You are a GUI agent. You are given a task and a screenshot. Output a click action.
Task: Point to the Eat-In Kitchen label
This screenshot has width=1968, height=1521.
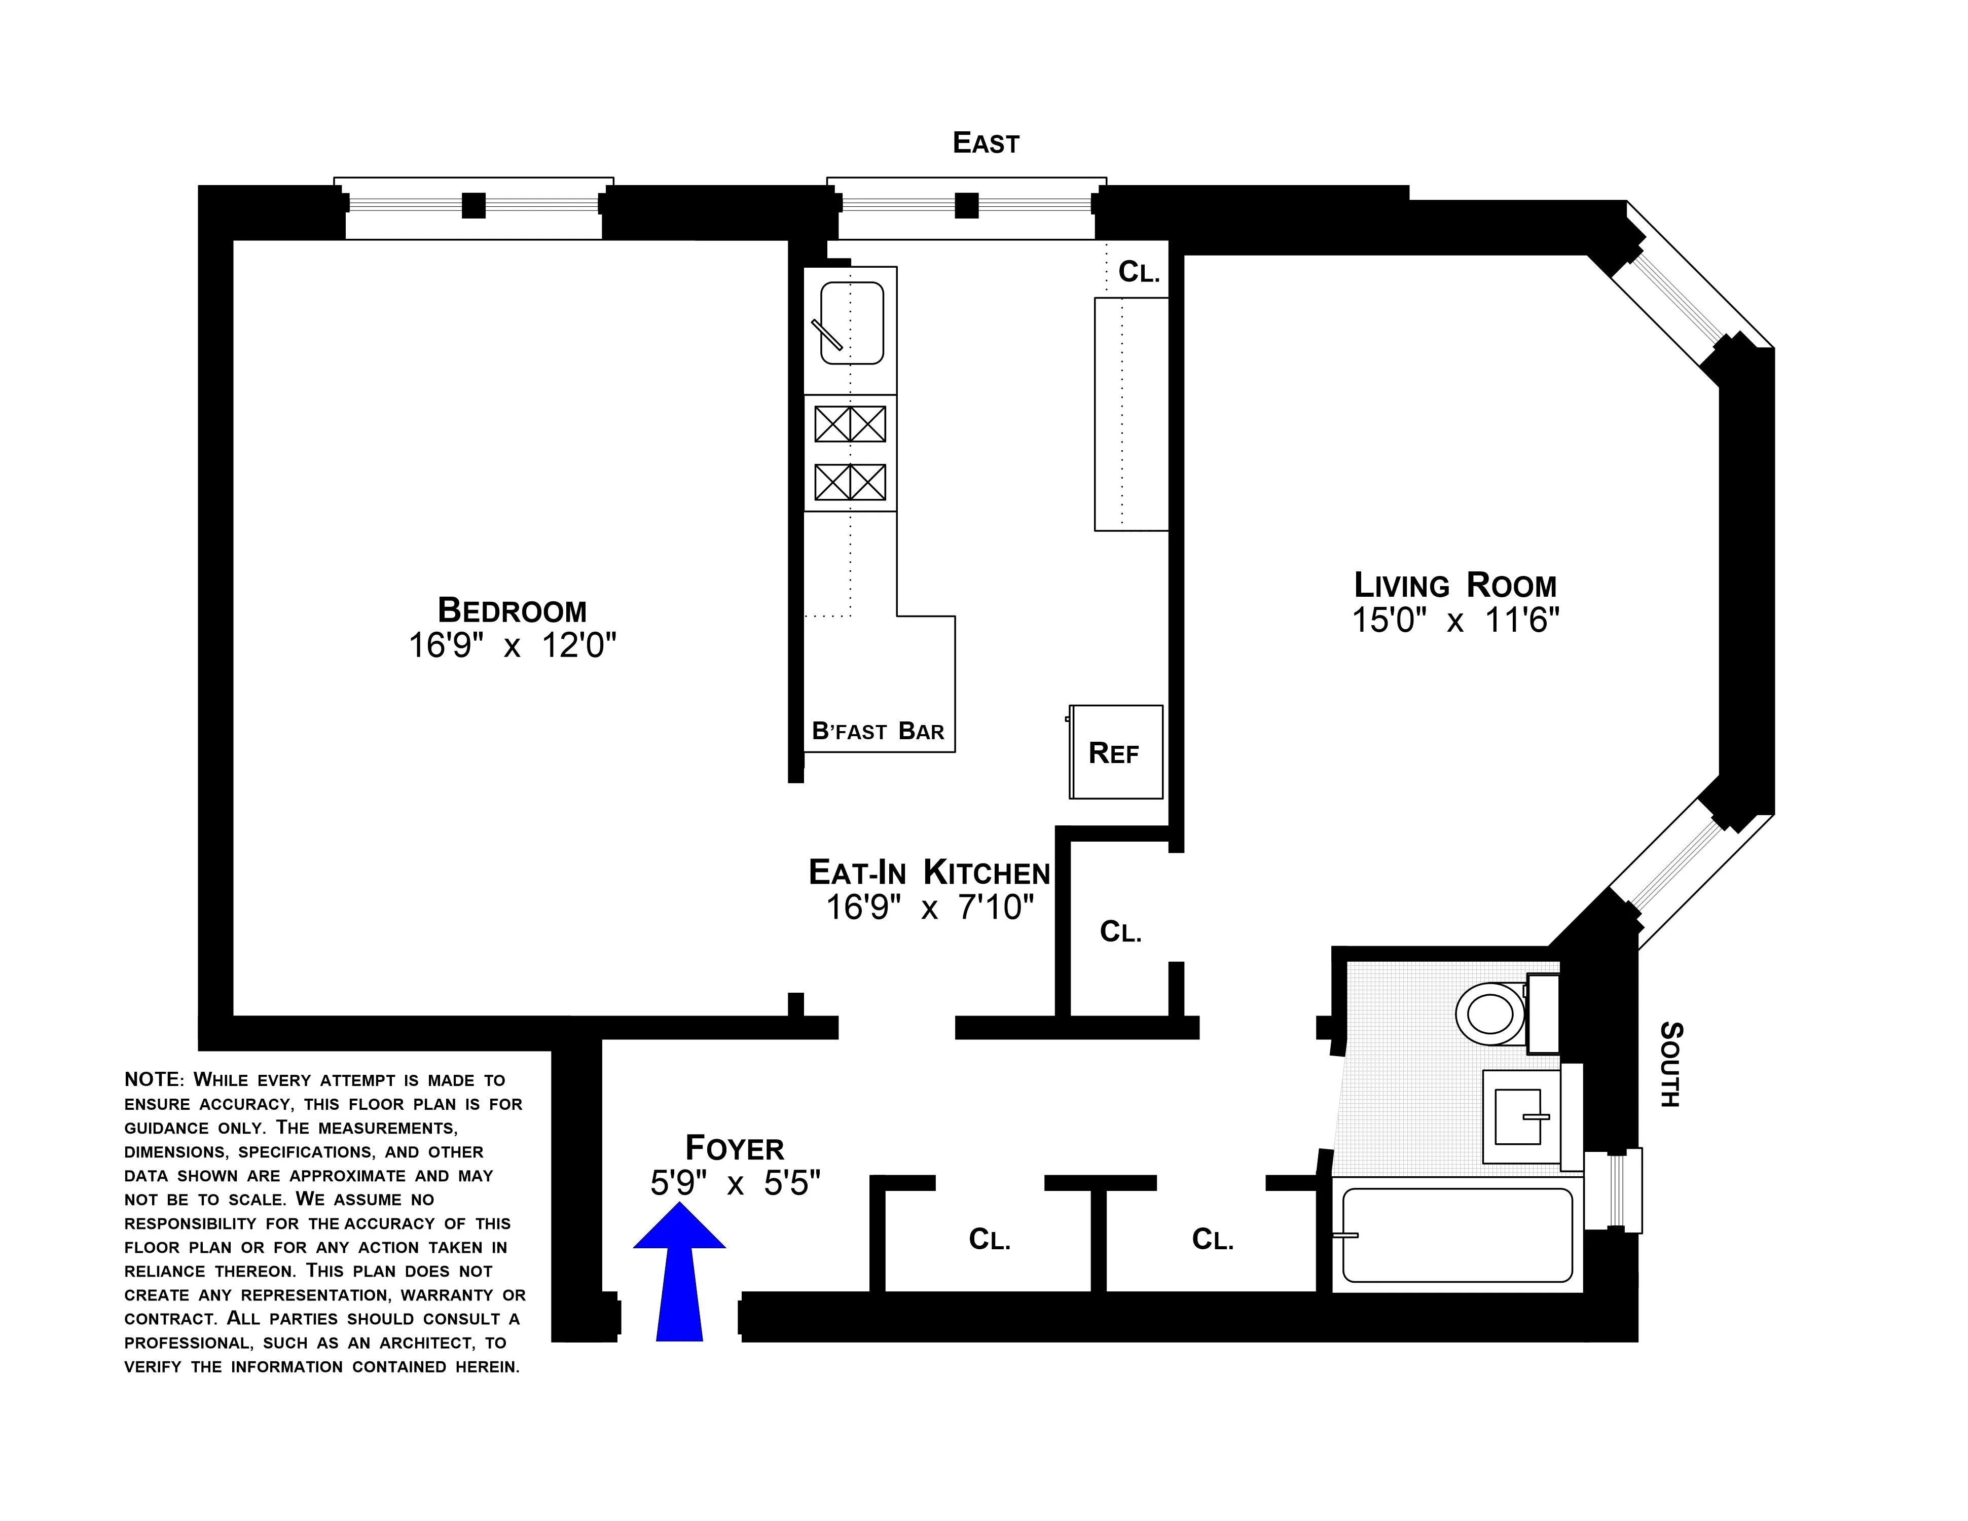929,872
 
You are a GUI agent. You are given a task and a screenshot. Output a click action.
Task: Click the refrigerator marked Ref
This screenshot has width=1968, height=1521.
1116,752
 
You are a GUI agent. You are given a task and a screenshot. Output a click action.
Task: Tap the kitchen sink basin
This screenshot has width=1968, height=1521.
852,322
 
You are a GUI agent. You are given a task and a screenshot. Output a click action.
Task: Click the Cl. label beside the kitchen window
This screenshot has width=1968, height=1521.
1138,272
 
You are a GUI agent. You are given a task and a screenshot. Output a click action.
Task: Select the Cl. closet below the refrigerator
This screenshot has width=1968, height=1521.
1120,932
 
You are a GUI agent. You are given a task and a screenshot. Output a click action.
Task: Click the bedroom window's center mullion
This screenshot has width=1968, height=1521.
473,206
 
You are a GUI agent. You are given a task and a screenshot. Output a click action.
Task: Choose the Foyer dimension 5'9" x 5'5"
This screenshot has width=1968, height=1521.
735,1183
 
